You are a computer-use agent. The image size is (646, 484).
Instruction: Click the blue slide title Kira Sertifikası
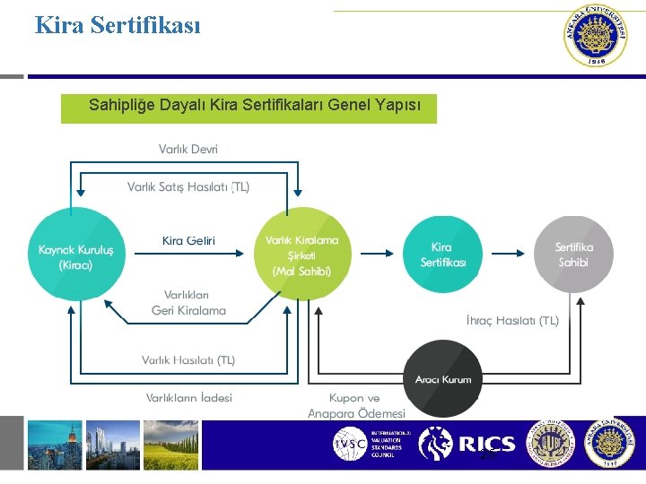pyautogui.click(x=118, y=24)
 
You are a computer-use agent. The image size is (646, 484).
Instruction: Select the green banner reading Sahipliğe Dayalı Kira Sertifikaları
pyautogui.click(x=249, y=107)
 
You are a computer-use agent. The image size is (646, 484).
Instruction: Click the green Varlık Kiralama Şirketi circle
pyautogui.click(x=301, y=253)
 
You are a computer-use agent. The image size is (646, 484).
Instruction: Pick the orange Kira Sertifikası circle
pyautogui.click(x=442, y=253)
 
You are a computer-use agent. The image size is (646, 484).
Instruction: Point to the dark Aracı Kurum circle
pyautogui.click(x=442, y=378)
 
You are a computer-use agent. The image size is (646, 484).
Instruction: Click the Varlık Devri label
pyautogui.click(x=188, y=149)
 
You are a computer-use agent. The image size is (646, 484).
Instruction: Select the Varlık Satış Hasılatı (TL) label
pyautogui.click(x=188, y=186)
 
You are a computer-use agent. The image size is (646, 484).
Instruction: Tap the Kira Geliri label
pyautogui.click(x=188, y=239)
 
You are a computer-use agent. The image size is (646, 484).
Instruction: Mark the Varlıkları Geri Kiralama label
pyautogui.click(x=188, y=302)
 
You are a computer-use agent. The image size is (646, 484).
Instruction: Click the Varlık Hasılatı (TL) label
pyautogui.click(x=188, y=359)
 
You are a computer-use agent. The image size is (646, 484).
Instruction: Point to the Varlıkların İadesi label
pyautogui.click(x=188, y=397)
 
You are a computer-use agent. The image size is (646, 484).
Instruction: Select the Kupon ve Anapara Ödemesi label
pyautogui.click(x=356, y=405)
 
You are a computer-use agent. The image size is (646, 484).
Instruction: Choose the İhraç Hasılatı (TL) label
pyautogui.click(x=513, y=320)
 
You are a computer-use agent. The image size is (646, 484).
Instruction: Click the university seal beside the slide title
pyautogui.click(x=594, y=36)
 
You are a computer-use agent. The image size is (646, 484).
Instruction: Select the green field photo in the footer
pyautogui.click(x=170, y=445)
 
